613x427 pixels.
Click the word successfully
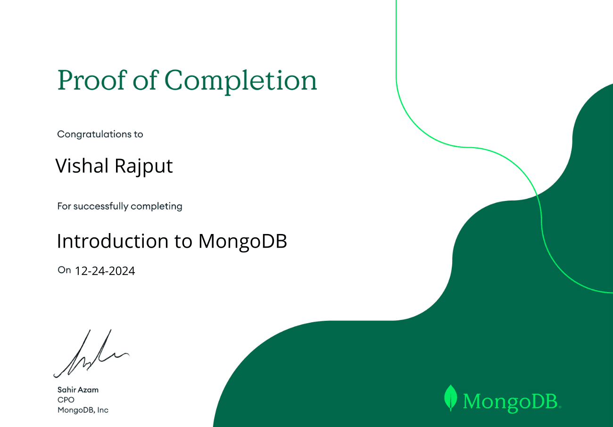click(x=100, y=206)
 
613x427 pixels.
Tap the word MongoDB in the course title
click(x=242, y=242)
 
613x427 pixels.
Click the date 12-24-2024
click(x=105, y=271)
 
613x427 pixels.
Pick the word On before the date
click(x=64, y=270)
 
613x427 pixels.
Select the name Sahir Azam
click(x=78, y=390)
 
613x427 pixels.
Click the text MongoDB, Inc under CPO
click(x=83, y=410)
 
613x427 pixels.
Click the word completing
click(x=156, y=206)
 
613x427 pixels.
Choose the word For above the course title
click(x=64, y=206)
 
